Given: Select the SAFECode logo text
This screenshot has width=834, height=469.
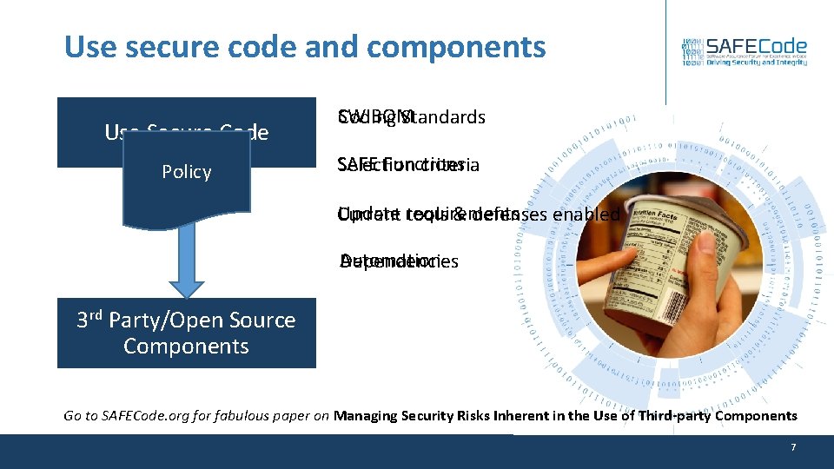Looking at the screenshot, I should tap(756, 46).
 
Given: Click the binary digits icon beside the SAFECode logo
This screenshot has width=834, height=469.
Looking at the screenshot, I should tap(692, 53).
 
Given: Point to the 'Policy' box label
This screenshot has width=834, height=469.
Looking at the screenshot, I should tap(187, 172).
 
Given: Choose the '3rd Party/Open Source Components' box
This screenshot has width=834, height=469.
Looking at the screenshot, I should tap(187, 334).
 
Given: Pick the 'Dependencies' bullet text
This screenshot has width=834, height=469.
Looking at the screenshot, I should tap(400, 261).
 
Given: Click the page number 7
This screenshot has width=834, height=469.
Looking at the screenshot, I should tap(792, 447).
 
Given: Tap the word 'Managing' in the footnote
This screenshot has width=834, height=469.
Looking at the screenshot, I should tap(365, 416).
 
